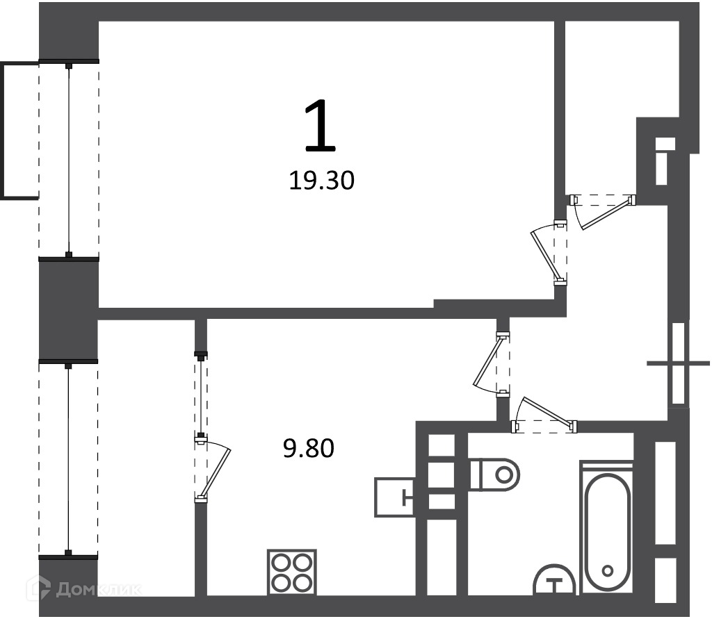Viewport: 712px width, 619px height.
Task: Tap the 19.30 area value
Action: coord(321,181)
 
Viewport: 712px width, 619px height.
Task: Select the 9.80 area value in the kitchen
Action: coord(308,448)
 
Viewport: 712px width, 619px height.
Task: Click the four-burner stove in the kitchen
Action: coord(292,572)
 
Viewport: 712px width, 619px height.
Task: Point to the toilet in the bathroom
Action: coord(494,474)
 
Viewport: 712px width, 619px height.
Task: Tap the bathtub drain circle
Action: coord(607,570)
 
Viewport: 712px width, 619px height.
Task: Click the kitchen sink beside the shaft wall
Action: coord(394,497)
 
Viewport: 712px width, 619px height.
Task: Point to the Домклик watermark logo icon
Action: coord(40,589)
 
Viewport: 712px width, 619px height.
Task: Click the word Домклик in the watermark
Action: coord(99,590)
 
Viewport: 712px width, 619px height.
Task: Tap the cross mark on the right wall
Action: coord(678,363)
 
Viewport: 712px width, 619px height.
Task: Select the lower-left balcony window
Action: coord(68,459)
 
